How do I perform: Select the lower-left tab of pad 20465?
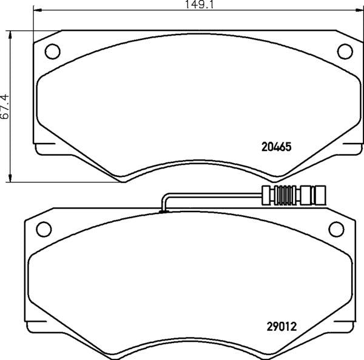click(x=46, y=149)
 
